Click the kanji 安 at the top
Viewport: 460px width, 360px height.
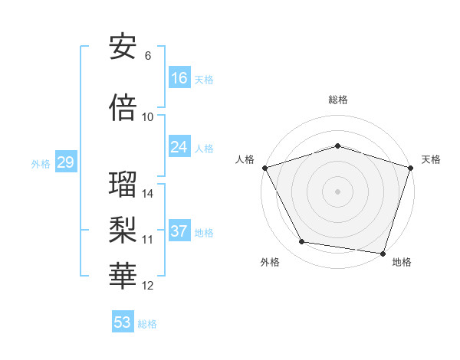click(x=123, y=47)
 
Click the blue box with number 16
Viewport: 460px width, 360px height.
click(x=179, y=78)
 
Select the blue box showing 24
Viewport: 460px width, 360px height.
click(x=179, y=147)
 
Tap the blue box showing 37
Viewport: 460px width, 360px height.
click(x=179, y=231)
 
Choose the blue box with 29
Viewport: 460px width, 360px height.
click(x=65, y=162)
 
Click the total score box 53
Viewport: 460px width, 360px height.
click(x=123, y=322)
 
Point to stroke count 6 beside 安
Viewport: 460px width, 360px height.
click(x=148, y=56)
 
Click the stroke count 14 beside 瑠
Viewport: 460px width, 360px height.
click(x=148, y=194)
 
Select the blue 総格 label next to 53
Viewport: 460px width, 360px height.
click(x=147, y=324)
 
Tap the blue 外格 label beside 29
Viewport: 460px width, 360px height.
click(x=41, y=163)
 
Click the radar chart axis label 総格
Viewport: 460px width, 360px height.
click(x=337, y=100)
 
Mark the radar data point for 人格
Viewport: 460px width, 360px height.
click(x=264, y=168)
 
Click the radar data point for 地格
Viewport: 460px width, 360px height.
click(x=383, y=253)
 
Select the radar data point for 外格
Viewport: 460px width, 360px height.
click(x=302, y=242)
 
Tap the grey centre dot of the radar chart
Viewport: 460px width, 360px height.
click(x=337, y=191)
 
